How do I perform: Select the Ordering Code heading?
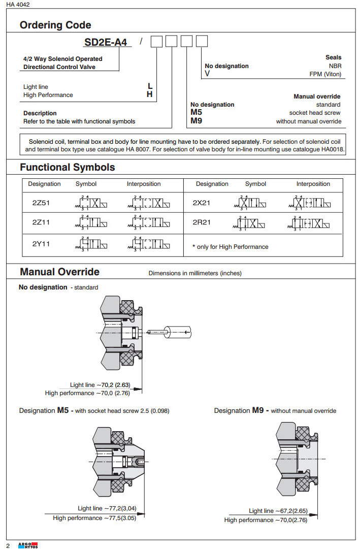55,25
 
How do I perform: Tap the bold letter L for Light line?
150,87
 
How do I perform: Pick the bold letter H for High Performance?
150,95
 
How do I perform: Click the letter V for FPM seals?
207,74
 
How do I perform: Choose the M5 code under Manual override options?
197,113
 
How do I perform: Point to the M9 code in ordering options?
197,121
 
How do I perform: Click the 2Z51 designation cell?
41,202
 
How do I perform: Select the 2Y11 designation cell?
41,244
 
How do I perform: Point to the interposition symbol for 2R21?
313,222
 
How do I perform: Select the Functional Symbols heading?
68,167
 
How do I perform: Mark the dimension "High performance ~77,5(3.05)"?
94,518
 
